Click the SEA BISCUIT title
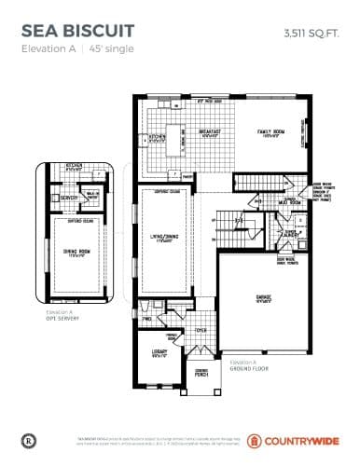pyautogui.click(x=77, y=33)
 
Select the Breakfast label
pyautogui.click(x=210, y=132)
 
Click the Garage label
pyautogui.click(x=265, y=299)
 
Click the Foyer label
pyautogui.click(x=201, y=329)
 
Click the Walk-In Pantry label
pyautogui.click(x=92, y=195)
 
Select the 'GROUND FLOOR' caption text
pyautogui.click(x=247, y=366)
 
